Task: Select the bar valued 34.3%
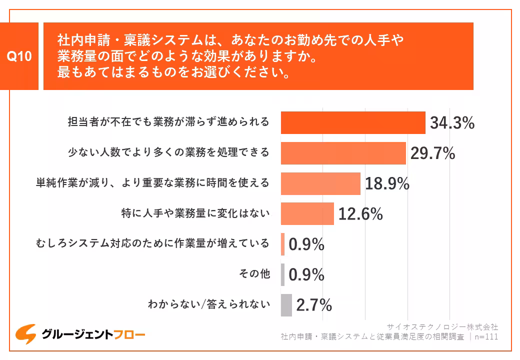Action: (x=353, y=123)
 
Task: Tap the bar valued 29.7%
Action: (x=343, y=153)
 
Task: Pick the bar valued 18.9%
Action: (x=320, y=183)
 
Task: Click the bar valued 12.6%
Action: (x=307, y=214)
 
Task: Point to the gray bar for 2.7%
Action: (x=286, y=305)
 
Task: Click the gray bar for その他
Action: (x=282, y=274)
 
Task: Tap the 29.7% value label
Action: (x=432, y=153)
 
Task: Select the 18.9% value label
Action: (x=387, y=184)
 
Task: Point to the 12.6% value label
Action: (x=360, y=214)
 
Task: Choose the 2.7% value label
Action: (x=314, y=305)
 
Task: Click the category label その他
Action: (x=255, y=274)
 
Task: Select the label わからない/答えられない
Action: (x=209, y=304)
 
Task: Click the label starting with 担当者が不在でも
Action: (x=168, y=122)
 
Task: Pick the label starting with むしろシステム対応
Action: (x=152, y=243)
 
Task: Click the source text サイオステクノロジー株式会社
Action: (x=442, y=327)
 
